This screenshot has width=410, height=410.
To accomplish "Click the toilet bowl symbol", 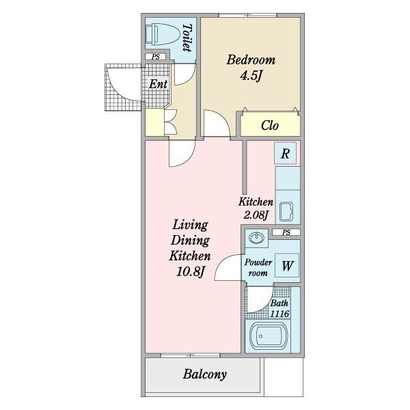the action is tap(163, 34).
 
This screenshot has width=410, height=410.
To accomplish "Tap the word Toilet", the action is tap(187, 38).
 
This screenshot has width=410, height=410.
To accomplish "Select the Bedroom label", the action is tap(251, 60).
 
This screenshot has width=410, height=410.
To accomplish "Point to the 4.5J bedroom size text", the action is tap(251, 76).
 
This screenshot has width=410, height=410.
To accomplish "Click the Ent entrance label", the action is tap(158, 84).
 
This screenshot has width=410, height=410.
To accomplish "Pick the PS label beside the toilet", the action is tap(156, 57).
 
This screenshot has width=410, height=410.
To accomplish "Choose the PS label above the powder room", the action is tap(286, 232).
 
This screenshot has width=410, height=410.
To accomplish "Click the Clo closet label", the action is tap(270, 126).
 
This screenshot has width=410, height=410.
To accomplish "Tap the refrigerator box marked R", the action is tap(285, 153).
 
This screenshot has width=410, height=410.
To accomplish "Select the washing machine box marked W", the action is tap(287, 265).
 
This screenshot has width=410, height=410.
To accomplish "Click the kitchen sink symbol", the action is tap(286, 212).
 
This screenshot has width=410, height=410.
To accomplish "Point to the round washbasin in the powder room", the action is tap(256, 238).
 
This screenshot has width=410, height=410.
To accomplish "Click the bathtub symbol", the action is tap(269, 336).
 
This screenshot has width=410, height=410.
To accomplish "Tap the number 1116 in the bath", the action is tap(279, 314).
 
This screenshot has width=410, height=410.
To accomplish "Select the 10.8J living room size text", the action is tap(190, 271).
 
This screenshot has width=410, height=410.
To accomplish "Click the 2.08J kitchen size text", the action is tap(256, 215).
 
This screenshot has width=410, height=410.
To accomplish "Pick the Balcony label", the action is tap(204, 374).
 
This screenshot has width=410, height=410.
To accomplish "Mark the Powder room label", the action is tap(258, 267).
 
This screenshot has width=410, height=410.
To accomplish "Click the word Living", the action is tap(190, 225).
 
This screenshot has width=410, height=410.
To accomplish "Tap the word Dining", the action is tap(190, 241).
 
